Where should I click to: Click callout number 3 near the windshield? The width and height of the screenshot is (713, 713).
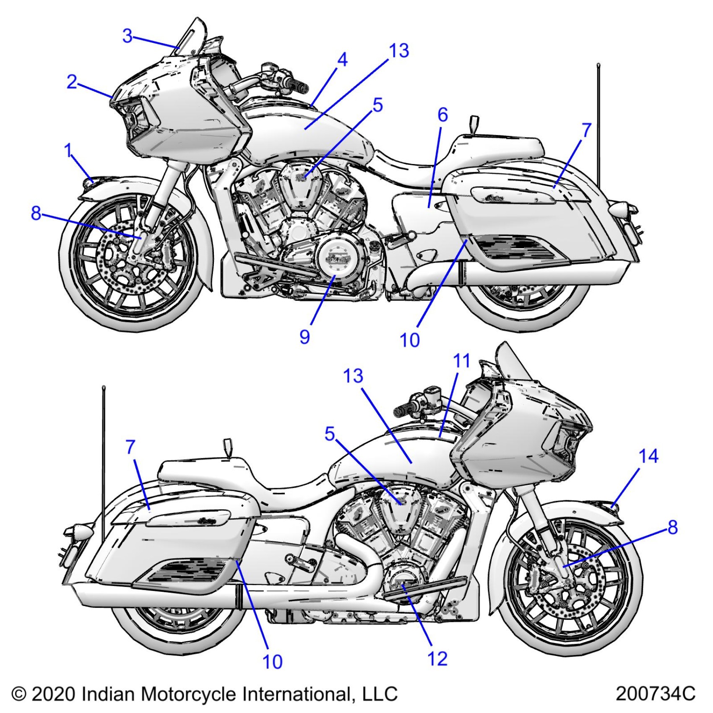coord(128,36)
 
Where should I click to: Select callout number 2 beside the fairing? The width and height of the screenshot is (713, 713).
coord(72,82)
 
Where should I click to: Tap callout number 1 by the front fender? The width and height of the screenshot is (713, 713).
coord(68,151)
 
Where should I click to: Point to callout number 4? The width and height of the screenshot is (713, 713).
coord(342,60)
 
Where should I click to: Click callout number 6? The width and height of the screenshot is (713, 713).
coord(442,115)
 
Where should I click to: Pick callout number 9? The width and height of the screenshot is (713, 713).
coord(304,336)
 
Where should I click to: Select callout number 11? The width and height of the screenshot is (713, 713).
coord(461,361)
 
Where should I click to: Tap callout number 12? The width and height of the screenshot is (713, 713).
coord(437,658)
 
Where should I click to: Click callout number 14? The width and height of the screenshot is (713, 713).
coord(648,456)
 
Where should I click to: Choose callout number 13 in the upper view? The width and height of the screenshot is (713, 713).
coord(398,51)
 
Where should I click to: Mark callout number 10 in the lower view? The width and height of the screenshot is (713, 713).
coord(272,662)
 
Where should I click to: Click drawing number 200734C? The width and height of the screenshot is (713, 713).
coord(655,694)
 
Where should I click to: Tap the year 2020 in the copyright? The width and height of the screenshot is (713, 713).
coord(53,694)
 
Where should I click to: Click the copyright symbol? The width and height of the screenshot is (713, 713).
coord(19,694)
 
